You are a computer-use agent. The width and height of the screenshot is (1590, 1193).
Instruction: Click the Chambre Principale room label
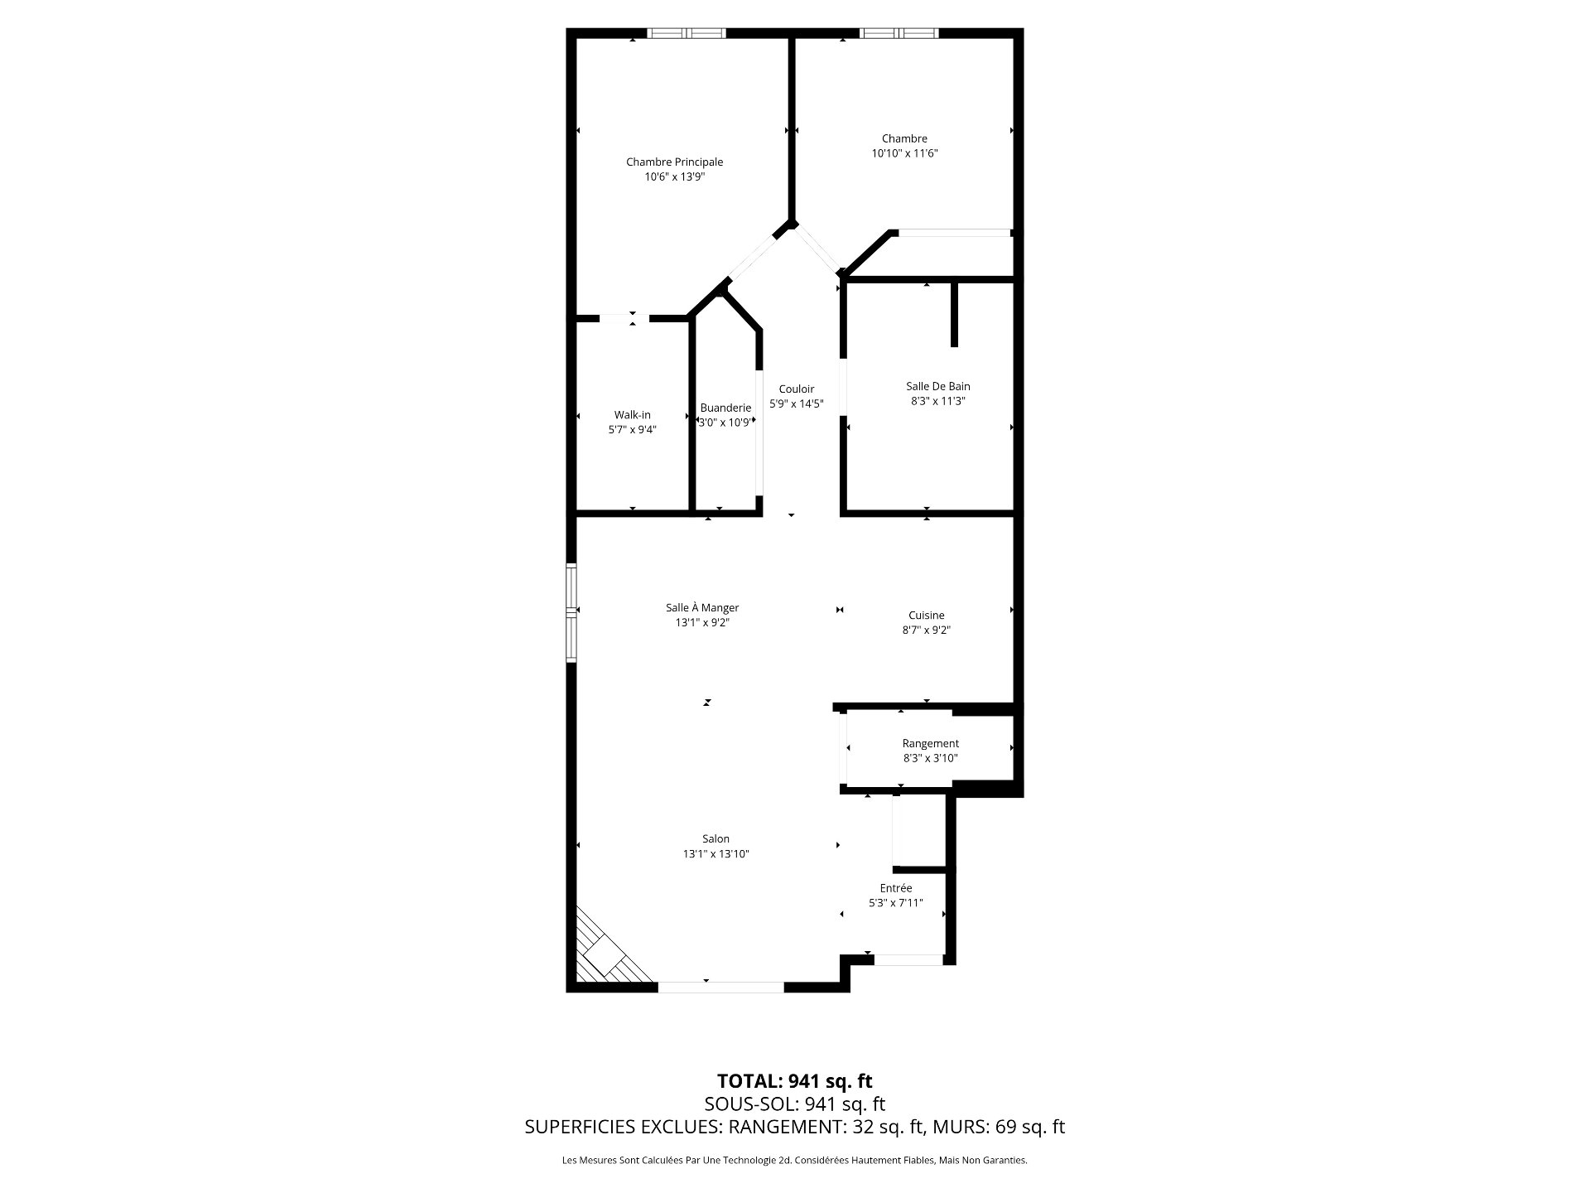pyautogui.click(x=674, y=162)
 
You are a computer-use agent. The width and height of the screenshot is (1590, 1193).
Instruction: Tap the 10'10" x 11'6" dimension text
pyautogui.click(x=904, y=153)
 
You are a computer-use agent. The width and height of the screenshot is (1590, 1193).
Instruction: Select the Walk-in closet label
pyautogui.click(x=632, y=415)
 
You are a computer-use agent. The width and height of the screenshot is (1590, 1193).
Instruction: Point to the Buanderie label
pyautogui.click(x=725, y=408)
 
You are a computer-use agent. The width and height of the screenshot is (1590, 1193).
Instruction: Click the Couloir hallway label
pyautogui.click(x=796, y=389)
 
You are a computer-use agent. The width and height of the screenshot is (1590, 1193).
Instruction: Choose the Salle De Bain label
pyautogui.click(x=937, y=386)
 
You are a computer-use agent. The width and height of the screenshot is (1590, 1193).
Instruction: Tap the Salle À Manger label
pyautogui.click(x=702, y=608)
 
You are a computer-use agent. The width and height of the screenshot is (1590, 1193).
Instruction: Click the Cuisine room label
pyautogui.click(x=926, y=616)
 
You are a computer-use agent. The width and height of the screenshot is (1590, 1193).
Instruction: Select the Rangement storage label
pyautogui.click(x=931, y=744)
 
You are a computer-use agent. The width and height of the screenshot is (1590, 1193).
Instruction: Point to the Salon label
pyautogui.click(x=715, y=839)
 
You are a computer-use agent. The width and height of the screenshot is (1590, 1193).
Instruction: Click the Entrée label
pyautogui.click(x=895, y=888)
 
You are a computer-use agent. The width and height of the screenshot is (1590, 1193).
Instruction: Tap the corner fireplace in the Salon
pyautogui.click(x=605, y=953)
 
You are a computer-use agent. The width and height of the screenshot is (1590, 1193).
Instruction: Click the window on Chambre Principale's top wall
pyautogui.click(x=686, y=34)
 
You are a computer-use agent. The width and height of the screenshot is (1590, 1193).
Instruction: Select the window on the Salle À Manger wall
pyautogui.click(x=571, y=612)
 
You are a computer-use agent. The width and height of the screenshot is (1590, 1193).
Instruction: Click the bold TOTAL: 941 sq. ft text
pyautogui.click(x=794, y=1081)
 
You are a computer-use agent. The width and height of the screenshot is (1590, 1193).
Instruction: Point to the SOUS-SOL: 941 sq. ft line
pyautogui.click(x=794, y=1104)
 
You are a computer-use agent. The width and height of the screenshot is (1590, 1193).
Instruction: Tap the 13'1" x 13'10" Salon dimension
pyautogui.click(x=715, y=854)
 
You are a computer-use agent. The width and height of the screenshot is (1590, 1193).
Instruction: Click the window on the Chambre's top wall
pyautogui.click(x=899, y=34)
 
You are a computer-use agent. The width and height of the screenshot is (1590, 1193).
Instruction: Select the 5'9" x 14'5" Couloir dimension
pyautogui.click(x=796, y=404)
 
